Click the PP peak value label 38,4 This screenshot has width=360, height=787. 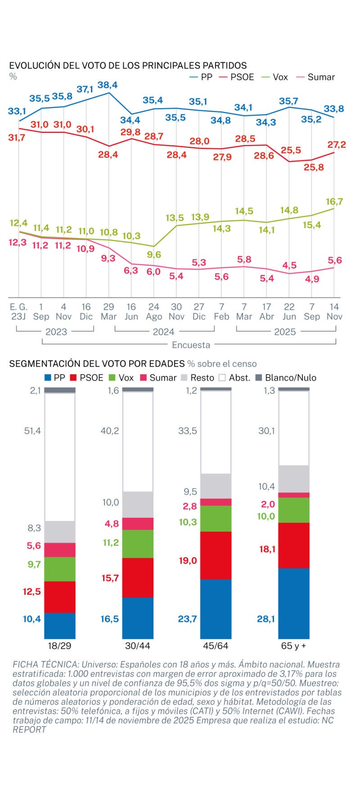(x=108, y=85)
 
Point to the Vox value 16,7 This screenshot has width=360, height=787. (x=334, y=201)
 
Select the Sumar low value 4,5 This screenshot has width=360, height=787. (x=289, y=265)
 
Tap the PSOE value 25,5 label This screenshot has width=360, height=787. (x=291, y=150)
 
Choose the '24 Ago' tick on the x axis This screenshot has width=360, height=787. (x=153, y=311)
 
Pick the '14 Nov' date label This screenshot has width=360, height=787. (x=334, y=311)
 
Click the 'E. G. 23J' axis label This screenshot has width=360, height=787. (x=18, y=311)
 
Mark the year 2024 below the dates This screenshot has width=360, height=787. (x=163, y=332)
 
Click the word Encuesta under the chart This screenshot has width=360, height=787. (x=191, y=345)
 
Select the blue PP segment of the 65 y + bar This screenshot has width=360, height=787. (x=294, y=603)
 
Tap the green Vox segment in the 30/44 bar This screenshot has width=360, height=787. (x=138, y=543)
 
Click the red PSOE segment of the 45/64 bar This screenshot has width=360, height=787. (x=216, y=555)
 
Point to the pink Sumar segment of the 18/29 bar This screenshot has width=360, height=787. (x=60, y=550)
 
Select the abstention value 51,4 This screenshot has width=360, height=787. (x=32, y=431)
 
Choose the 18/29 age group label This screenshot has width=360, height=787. (x=59, y=646)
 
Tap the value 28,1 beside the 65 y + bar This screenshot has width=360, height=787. (x=265, y=619)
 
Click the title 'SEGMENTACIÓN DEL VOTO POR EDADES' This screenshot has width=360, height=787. (x=97, y=363)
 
